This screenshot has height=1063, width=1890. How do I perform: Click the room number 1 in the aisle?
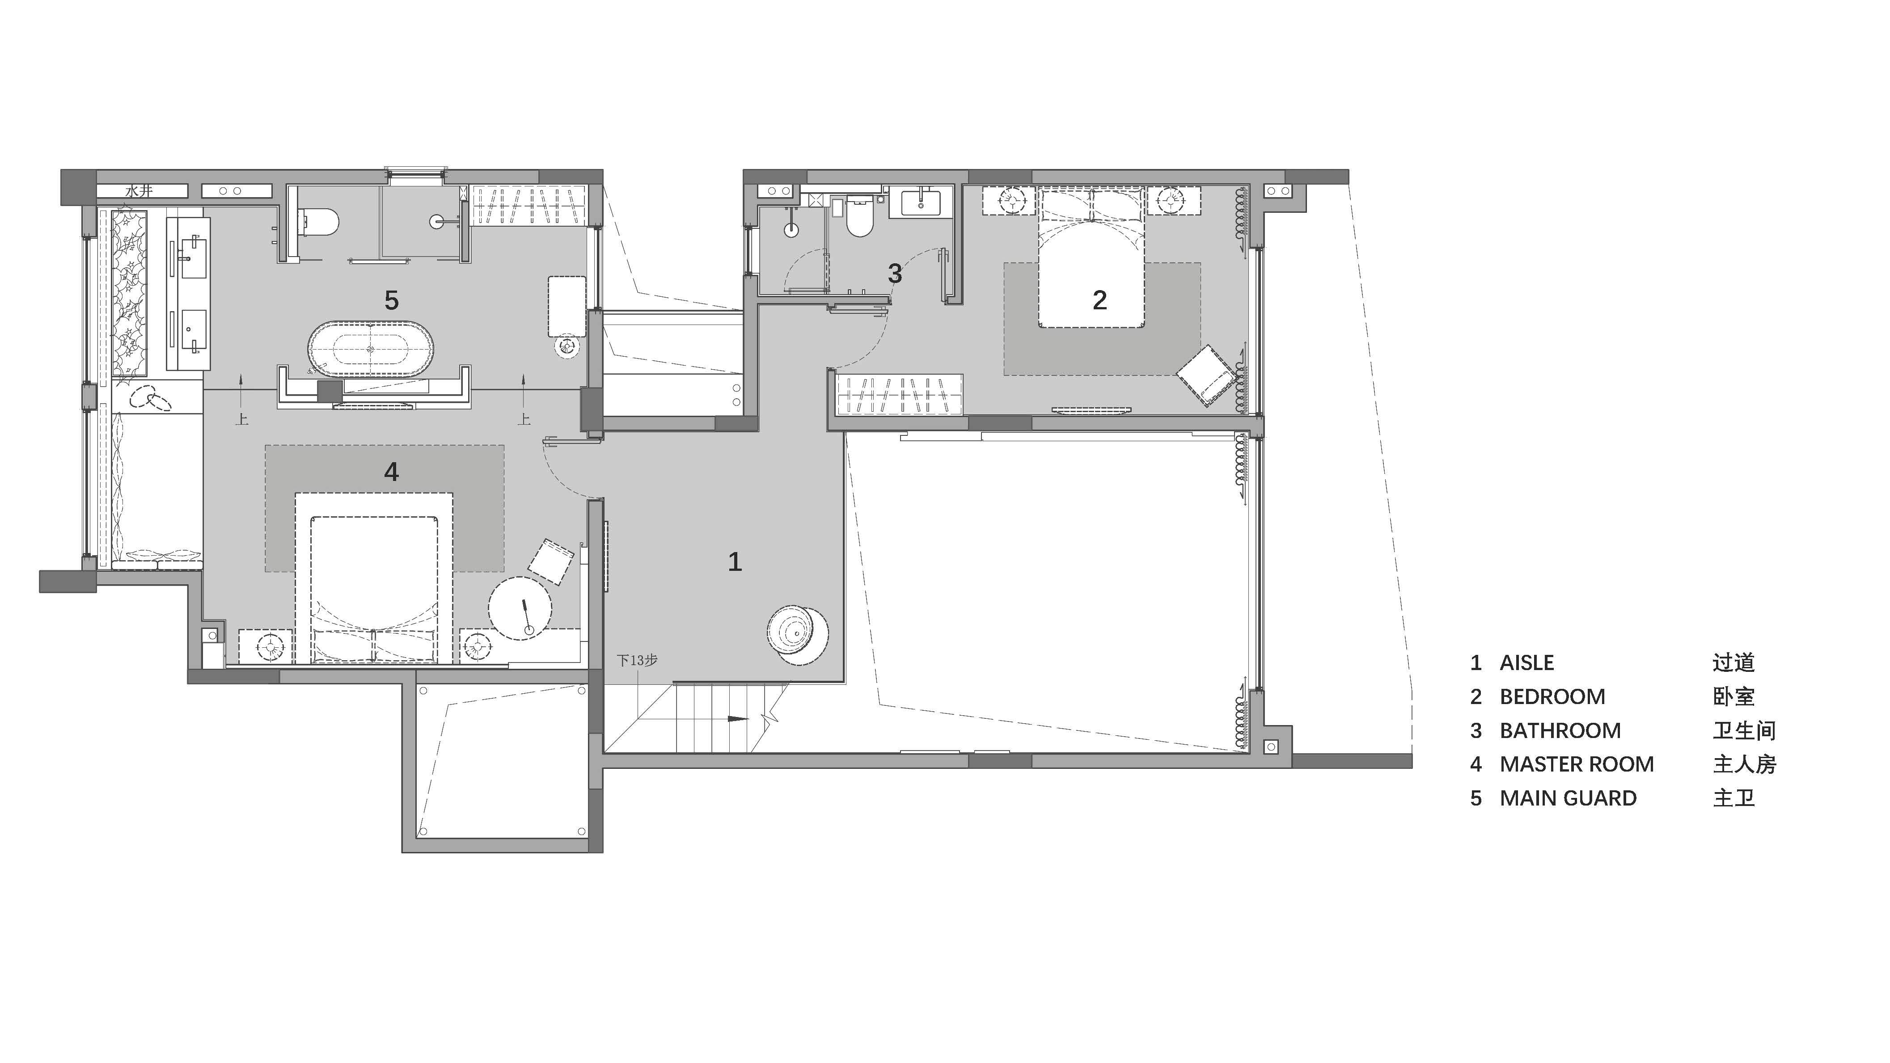735,562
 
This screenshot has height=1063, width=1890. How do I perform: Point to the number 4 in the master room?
391,472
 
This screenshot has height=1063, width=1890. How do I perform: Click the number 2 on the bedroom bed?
1099,299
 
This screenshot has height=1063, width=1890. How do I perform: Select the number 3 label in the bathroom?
894,274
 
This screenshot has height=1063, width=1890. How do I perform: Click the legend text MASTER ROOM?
1577,764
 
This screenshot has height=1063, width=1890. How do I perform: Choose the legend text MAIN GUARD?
1568,798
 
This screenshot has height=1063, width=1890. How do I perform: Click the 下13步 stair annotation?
636,660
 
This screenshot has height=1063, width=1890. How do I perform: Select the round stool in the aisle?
798,635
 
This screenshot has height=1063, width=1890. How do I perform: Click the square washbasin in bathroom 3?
920,202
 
